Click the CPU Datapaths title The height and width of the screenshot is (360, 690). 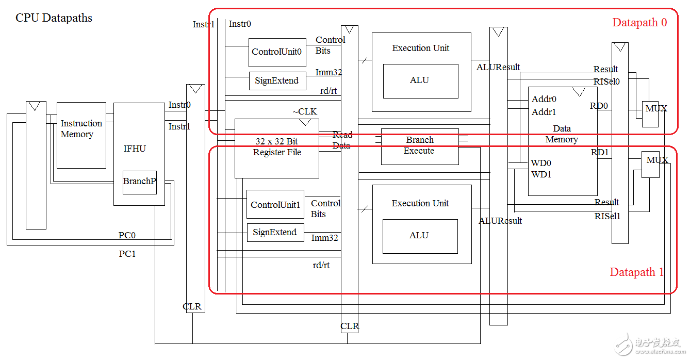click(54, 18)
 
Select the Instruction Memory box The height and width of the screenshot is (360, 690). click(81, 135)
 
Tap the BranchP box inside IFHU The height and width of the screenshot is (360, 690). click(139, 182)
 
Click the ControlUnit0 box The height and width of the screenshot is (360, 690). click(277, 52)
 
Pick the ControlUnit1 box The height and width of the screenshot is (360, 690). click(275, 205)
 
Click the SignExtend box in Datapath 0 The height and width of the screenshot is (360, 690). click(277, 81)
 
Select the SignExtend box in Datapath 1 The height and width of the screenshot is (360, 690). click(275, 233)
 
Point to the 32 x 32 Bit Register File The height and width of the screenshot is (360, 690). click(277, 149)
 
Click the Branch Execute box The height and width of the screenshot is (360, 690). click(419, 146)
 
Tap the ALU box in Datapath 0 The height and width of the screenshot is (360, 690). click(420, 81)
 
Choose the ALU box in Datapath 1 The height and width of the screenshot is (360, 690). click(419, 236)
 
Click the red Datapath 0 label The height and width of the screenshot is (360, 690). click(639, 23)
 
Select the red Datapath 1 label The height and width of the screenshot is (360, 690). click(637, 272)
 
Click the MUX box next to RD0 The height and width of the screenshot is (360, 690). click(650, 114)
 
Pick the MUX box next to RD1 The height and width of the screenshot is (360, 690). click(651, 165)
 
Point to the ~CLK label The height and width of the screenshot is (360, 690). click(305, 112)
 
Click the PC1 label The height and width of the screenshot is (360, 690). click(127, 254)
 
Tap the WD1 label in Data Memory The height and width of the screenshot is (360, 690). click(541, 174)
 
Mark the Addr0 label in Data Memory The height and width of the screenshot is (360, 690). click(544, 99)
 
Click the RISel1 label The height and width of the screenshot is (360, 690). click(607, 216)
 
